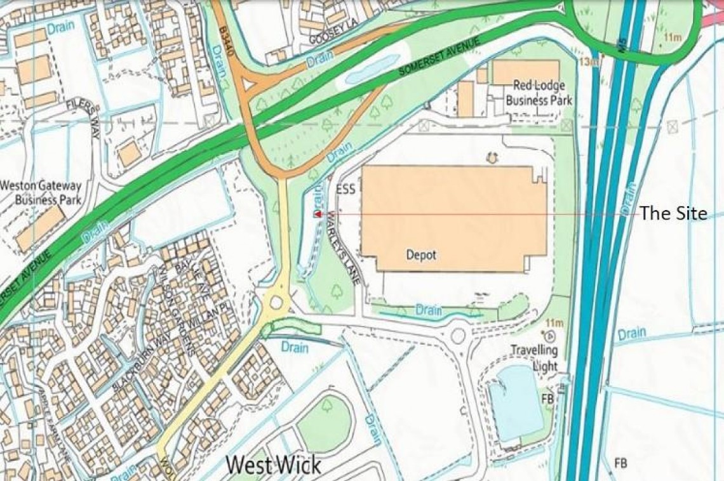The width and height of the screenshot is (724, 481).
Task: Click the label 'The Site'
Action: [x=673, y=213]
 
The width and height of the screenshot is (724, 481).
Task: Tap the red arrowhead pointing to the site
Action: [x=316, y=214]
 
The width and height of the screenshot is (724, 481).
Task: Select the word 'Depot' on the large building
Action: [x=421, y=254]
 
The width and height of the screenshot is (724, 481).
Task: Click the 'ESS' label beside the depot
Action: [x=345, y=188]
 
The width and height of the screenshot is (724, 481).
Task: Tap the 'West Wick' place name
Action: [x=274, y=465]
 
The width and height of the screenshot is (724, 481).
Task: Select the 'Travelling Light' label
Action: [x=535, y=358]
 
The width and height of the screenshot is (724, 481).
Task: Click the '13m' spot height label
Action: [x=589, y=62]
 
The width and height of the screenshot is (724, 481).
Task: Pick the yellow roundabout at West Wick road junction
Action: [x=276, y=301]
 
